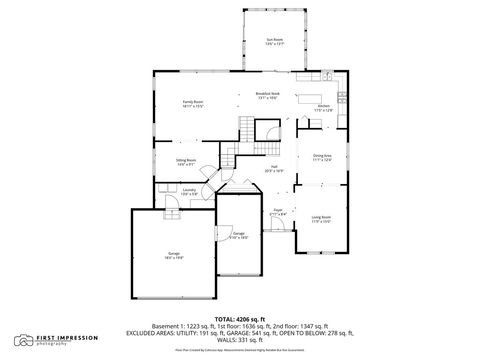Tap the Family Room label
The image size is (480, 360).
pyautogui.click(x=193, y=102)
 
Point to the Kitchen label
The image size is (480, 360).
pyautogui.click(x=324, y=107)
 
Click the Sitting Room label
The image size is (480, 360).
pyautogui.click(x=186, y=161)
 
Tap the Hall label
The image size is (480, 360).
pyautogui.click(x=273, y=169)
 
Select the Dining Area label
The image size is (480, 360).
pyautogui.click(x=322, y=156)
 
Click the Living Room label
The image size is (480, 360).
pyautogui.click(x=321, y=219)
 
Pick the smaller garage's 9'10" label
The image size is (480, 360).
pyautogui.click(x=238, y=236)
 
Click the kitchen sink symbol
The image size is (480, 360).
pyautogui.click(x=327, y=76)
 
